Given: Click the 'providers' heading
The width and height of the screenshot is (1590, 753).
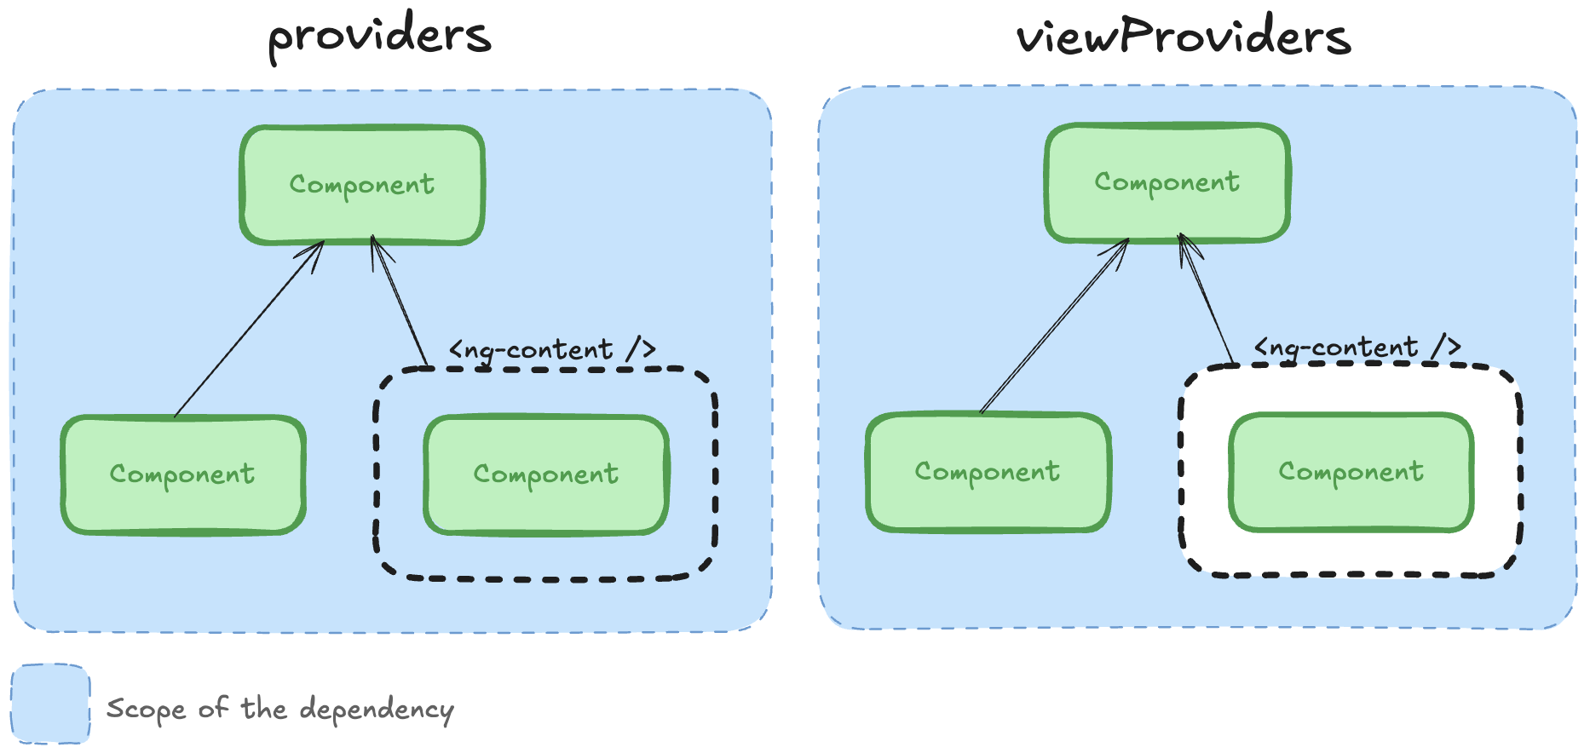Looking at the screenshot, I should pyautogui.click(x=379, y=36).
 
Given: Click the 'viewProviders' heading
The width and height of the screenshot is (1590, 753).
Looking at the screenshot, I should pyautogui.click(x=1183, y=37).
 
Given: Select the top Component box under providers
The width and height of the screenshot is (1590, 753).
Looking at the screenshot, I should pyautogui.click(x=362, y=185).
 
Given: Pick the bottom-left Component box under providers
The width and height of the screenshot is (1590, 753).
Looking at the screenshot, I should pyautogui.click(x=182, y=474).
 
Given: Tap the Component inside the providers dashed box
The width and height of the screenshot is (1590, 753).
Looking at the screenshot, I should pyautogui.click(x=546, y=474).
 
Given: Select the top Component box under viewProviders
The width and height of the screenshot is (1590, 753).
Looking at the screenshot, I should pyautogui.click(x=1167, y=182).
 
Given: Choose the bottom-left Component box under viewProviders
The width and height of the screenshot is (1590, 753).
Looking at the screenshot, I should pyautogui.click(x=988, y=472).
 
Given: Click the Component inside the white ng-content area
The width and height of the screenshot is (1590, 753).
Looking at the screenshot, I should pyautogui.click(x=1351, y=472).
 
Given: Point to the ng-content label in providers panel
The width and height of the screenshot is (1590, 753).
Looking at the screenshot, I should pyautogui.click(x=552, y=349).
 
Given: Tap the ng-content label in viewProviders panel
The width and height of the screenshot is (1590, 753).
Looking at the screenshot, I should pyautogui.click(x=1357, y=347).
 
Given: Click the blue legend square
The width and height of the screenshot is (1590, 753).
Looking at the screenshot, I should pyautogui.click(x=50, y=704).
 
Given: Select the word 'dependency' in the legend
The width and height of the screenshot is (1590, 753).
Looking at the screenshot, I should pyautogui.click(x=377, y=710).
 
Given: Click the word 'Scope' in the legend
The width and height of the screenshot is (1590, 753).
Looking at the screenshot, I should pyautogui.click(x=145, y=710).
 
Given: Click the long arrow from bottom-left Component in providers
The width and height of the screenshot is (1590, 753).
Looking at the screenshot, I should pyautogui.click(x=247, y=331).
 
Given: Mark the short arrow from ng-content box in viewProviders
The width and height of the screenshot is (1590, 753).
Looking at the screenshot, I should pyautogui.click(x=1206, y=298).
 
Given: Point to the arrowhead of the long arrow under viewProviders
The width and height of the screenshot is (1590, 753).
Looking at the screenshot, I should pyautogui.click(x=1121, y=247).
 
